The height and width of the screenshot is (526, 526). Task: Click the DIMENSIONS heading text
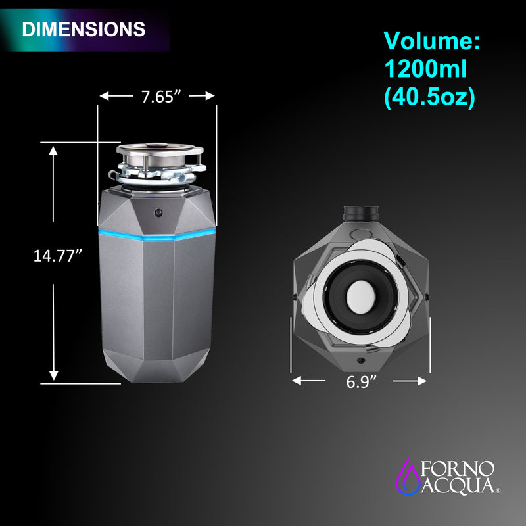point(84,29)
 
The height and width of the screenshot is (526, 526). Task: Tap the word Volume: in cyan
point(432,42)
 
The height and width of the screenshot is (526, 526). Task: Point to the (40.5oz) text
point(429,97)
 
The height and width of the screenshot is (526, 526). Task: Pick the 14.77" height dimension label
point(58,255)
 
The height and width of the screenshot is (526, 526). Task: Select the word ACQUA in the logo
point(458,487)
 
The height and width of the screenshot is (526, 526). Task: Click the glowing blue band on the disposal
point(156,235)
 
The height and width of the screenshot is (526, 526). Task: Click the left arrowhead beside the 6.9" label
point(297,381)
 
